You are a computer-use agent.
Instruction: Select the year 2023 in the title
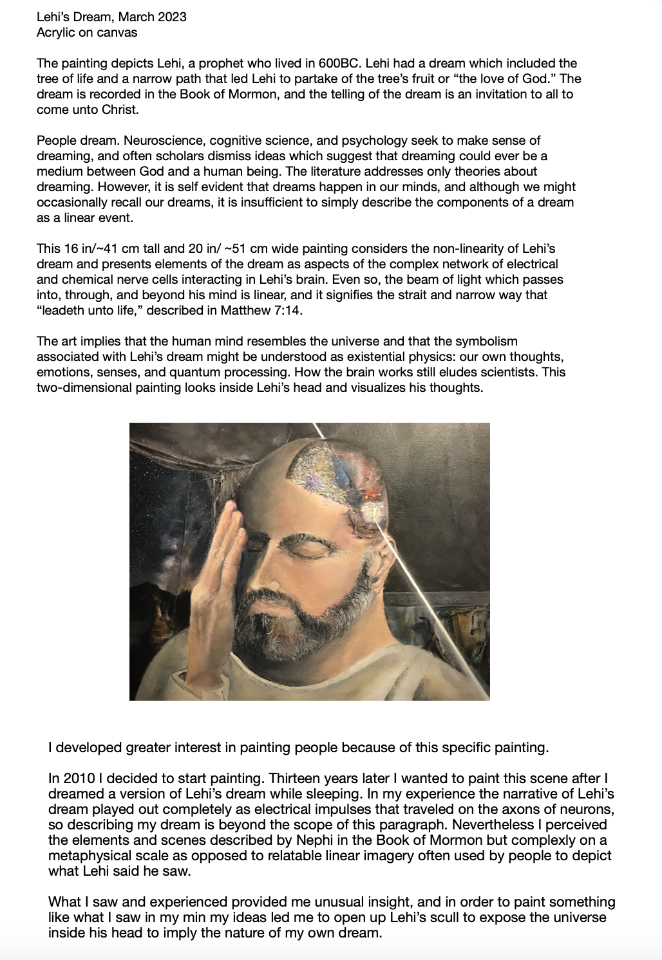coord(172,17)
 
